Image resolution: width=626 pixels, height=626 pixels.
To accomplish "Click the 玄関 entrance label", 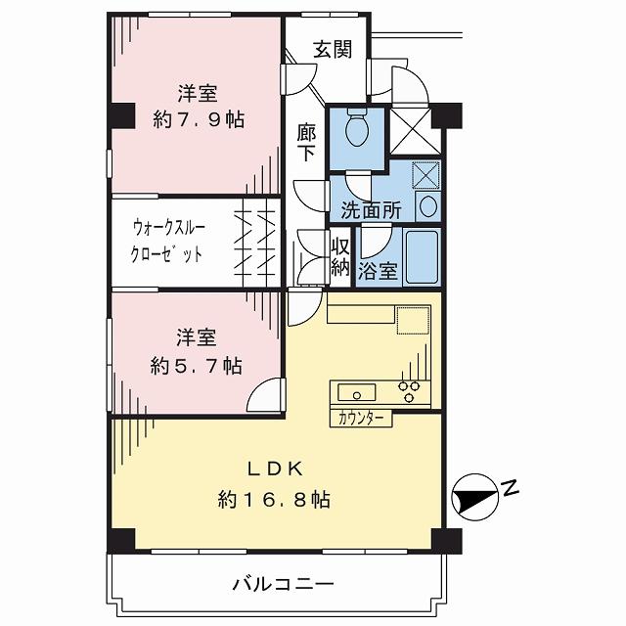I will [333, 49].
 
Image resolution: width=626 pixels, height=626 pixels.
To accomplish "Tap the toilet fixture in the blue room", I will [358, 125].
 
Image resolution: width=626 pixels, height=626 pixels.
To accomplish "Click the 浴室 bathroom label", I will [378, 271].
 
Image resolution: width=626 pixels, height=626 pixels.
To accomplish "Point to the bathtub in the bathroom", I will [422, 256].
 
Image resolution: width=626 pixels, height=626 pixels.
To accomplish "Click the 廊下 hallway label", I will [306, 142].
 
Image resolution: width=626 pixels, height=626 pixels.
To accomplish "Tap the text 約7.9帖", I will [198, 119].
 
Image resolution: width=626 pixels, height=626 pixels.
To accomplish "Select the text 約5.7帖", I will [197, 365].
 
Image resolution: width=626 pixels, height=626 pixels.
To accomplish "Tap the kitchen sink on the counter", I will [357, 393].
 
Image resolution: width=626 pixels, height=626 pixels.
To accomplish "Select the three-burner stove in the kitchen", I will [410, 391].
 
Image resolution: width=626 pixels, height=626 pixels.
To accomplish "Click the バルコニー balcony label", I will [283, 585].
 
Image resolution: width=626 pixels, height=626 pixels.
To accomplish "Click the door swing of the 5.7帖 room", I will [264, 396].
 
